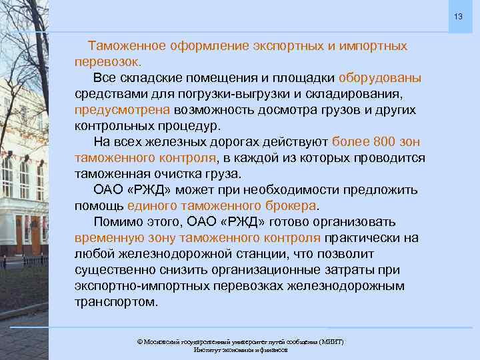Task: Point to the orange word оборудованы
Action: coord(380,79)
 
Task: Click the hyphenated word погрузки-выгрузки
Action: coord(213,94)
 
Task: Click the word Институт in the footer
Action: coord(206,350)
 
